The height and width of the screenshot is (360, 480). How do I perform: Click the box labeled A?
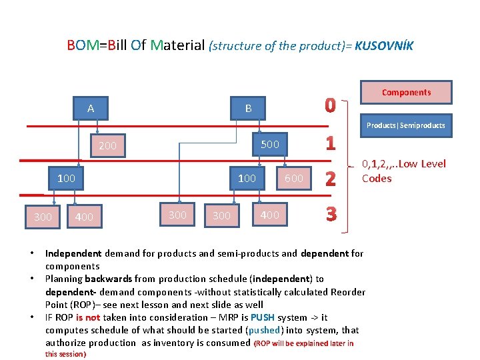point(91,109)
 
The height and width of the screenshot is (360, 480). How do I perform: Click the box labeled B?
point(248,109)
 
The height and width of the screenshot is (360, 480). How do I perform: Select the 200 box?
point(107,146)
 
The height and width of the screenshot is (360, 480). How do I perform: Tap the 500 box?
point(269,145)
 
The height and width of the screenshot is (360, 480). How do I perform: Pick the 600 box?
point(294,178)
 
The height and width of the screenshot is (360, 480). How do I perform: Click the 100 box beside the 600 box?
point(247,178)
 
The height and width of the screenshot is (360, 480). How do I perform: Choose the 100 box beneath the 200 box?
point(66,178)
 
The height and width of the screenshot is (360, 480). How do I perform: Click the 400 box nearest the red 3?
point(269,215)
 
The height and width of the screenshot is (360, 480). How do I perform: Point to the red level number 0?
point(330,106)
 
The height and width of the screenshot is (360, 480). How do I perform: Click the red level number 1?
point(330,143)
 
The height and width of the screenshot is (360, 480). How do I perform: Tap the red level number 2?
point(330,179)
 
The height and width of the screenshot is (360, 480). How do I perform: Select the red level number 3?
point(330,215)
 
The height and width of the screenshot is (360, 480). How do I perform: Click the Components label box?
point(406,93)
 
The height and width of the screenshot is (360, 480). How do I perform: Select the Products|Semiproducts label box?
point(406,125)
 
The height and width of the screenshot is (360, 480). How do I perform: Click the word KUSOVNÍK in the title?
point(384,46)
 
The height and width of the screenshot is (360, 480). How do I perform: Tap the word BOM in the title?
point(81,45)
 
